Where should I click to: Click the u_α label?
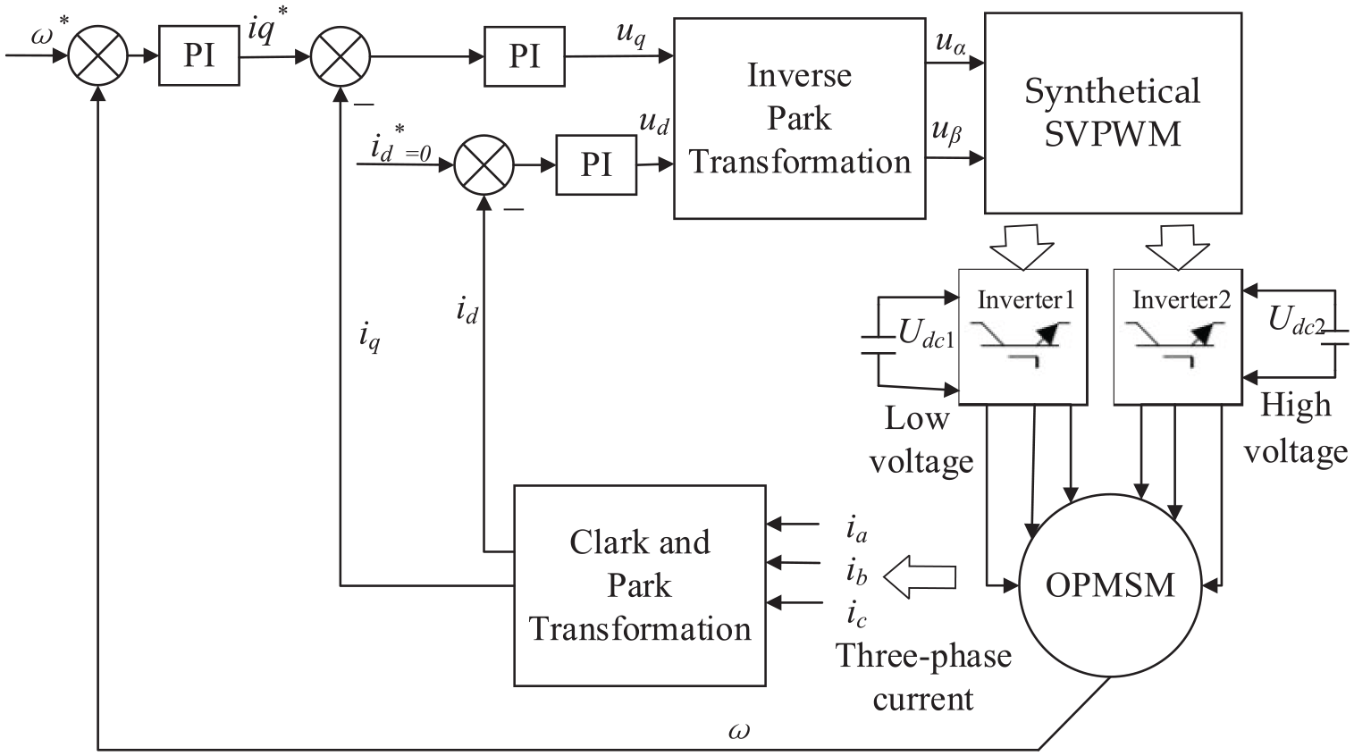pos(950,42)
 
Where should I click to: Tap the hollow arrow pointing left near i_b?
pos(920,577)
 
